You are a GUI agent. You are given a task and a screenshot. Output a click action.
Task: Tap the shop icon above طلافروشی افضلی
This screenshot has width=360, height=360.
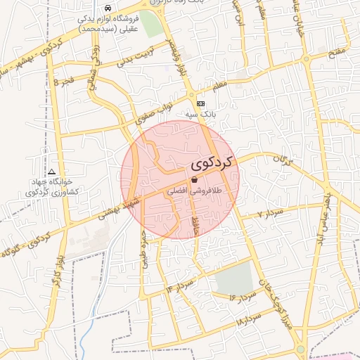tap(194, 180)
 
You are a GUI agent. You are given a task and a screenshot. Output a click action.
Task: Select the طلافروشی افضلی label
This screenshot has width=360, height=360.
tap(194, 190)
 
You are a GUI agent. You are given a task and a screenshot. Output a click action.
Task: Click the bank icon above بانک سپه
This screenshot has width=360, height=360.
tap(202, 103)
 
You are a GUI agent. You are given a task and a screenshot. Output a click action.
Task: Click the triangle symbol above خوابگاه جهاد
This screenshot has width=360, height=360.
tap(51, 172)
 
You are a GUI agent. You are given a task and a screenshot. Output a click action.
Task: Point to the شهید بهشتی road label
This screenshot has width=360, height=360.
tap(117, 209)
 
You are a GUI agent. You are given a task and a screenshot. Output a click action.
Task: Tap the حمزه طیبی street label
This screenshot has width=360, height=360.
tap(144, 248)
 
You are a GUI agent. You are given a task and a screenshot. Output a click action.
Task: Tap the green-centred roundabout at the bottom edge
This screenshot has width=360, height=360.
tap(301, 349)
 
